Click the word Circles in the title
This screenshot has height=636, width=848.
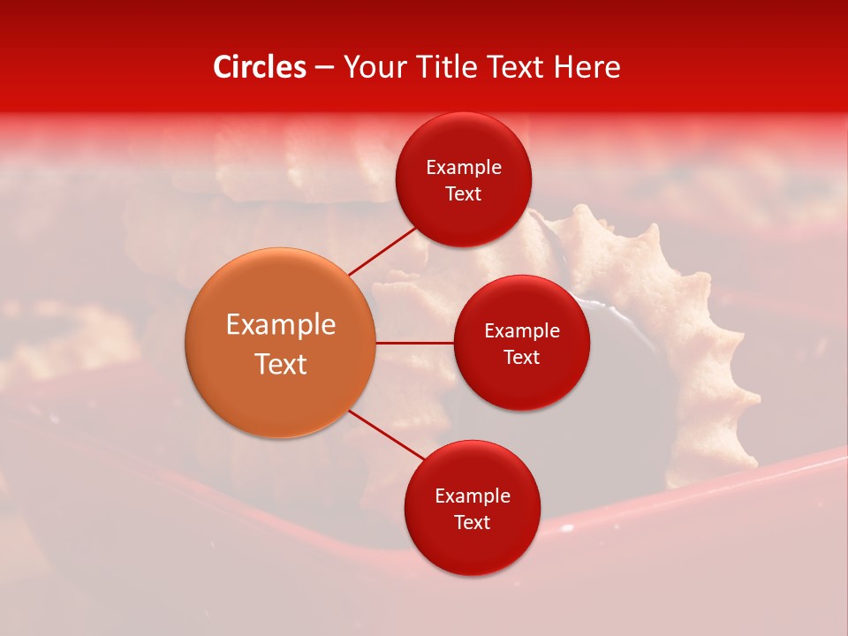pyautogui.click(x=259, y=67)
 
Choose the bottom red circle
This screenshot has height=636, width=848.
pyautogui.click(x=472, y=548)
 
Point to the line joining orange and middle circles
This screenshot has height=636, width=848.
pyautogui.click(x=414, y=343)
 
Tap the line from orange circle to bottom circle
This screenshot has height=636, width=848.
pyautogui.click(x=387, y=436)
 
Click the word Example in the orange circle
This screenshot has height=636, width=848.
pyautogui.click(x=281, y=325)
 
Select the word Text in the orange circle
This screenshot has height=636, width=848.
pyautogui.click(x=281, y=364)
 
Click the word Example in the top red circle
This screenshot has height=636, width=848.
pyautogui.click(x=464, y=168)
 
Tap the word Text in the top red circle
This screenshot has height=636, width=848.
pyautogui.click(x=464, y=194)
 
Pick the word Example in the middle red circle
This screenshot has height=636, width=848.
pyautogui.click(x=522, y=331)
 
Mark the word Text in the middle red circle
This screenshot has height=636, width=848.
pyautogui.click(x=522, y=358)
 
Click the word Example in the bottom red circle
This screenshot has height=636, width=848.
pyautogui.click(x=473, y=496)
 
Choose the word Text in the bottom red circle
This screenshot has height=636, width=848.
pyautogui.click(x=473, y=523)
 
